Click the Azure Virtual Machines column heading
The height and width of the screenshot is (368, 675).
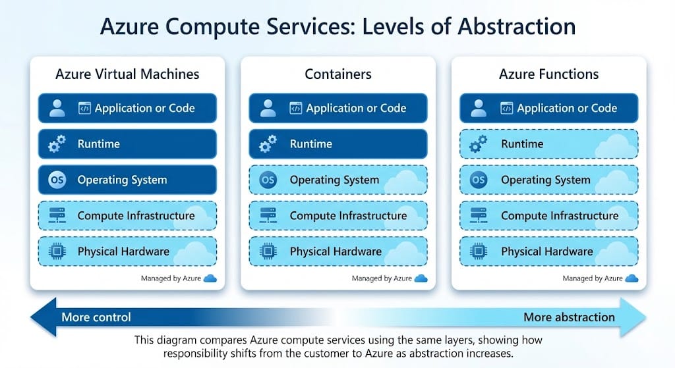(127, 74)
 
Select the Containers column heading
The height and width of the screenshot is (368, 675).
(337, 74)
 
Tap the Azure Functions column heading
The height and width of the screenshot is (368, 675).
(548, 74)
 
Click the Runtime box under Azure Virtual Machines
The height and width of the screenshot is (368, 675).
(127, 144)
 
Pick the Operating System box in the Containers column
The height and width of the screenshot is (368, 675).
(337, 180)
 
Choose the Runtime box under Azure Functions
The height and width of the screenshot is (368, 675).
(548, 144)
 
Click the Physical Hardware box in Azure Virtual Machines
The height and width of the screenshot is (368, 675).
(127, 251)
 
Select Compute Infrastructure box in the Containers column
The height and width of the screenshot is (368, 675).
(337, 216)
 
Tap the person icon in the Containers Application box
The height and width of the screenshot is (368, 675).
(268, 108)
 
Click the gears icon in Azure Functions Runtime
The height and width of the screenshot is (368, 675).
(479, 144)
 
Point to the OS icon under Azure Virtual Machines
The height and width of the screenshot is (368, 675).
(57, 180)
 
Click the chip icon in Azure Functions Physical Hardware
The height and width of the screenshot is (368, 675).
(479, 251)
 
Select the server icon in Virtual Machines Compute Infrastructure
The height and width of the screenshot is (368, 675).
(57, 216)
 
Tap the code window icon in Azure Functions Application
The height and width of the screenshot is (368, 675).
(506, 108)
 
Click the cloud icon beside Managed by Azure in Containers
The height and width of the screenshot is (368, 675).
(421, 278)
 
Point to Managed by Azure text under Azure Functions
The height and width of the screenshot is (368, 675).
(592, 278)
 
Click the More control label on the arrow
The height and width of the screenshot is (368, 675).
(96, 317)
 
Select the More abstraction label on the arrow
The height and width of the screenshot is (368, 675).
(569, 317)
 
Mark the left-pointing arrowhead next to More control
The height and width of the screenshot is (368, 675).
(41, 317)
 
